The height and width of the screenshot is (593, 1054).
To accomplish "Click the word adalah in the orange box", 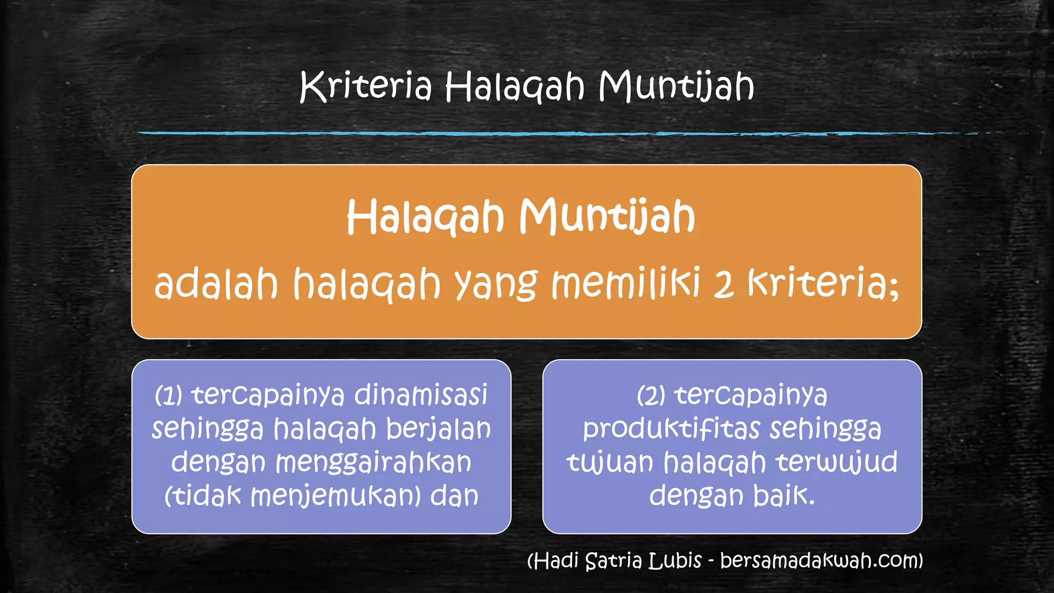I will [x=216, y=284].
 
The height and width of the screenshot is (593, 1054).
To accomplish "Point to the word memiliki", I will [x=625, y=284].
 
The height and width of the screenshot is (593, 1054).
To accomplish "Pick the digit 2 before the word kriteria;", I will [x=723, y=285].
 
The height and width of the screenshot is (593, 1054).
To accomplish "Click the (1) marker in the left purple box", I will [x=168, y=396].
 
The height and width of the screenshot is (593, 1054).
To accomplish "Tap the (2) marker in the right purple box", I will [x=651, y=396].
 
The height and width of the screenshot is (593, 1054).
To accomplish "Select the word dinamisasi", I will [x=420, y=395].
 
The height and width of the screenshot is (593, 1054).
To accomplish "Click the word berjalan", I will [x=438, y=429].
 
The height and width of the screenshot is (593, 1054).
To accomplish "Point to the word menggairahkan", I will [x=373, y=463].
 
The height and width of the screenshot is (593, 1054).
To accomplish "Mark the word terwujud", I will [x=836, y=462].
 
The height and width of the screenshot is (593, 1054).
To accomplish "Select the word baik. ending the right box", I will [x=784, y=495].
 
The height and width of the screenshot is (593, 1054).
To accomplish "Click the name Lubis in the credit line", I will [x=675, y=561].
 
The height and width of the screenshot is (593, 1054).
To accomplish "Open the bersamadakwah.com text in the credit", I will [x=821, y=561].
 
